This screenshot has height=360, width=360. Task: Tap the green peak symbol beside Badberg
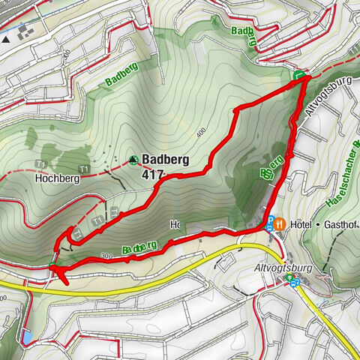(133, 159)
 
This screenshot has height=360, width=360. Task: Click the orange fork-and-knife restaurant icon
(279, 223)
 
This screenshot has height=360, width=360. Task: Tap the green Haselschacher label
(339, 188)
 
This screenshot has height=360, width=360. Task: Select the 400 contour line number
(200, 133)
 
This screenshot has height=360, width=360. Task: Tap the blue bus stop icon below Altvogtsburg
(292, 280)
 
